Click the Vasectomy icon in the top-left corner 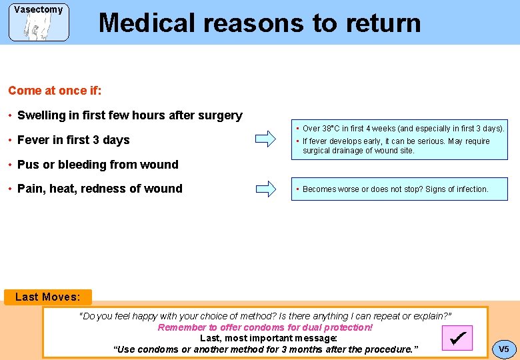point(39,22)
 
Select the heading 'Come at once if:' point(55,91)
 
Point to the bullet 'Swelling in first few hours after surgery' point(129,115)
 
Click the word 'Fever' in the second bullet point(33,140)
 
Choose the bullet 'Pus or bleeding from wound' point(97,165)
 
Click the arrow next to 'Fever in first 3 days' point(265,140)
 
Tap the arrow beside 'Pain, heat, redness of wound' point(265,189)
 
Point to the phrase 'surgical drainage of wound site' point(358,151)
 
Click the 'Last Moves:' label point(47,297)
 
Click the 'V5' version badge point(503,349)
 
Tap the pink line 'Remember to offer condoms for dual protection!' point(265,327)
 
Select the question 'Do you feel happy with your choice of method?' point(177,316)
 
